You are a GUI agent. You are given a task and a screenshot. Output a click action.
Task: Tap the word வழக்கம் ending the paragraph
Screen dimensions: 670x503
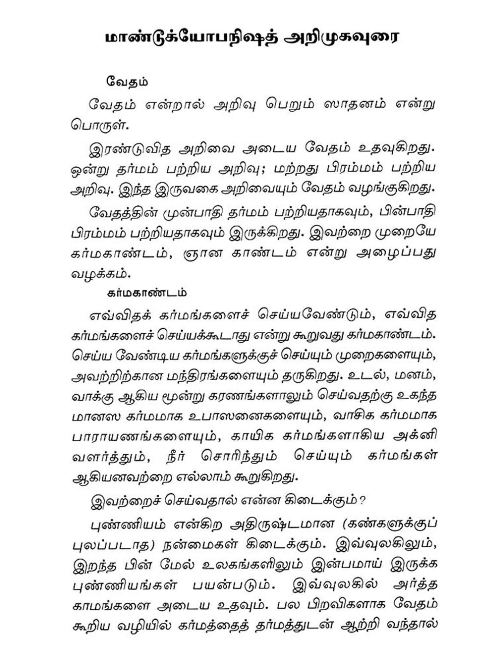pyautogui.click(x=100, y=274)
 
